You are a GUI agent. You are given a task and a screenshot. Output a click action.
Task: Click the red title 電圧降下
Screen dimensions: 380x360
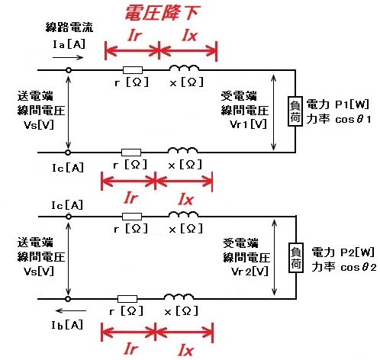pyautogui.click(x=162, y=13)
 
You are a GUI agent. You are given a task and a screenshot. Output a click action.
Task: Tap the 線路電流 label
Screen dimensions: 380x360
pyautogui.click(x=69, y=27)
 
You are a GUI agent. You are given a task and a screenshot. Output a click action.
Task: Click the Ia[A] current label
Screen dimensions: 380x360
pyautogui.click(x=69, y=44)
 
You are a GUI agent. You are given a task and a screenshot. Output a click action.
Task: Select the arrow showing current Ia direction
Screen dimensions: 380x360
pyautogui.click(x=68, y=57)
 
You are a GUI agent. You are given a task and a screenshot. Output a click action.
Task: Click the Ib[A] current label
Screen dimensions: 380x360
pyautogui.click(x=67, y=325)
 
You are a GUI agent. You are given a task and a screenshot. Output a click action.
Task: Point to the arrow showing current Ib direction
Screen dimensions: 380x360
pyautogui.click(x=71, y=310)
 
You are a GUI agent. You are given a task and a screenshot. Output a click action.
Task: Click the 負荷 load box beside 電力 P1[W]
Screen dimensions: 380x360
pyautogui.click(x=295, y=111)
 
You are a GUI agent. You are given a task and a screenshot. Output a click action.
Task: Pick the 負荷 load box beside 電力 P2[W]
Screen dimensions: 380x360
pyautogui.click(x=296, y=258)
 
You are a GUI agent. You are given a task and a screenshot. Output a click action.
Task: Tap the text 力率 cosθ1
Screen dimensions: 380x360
pyautogui.click(x=339, y=119)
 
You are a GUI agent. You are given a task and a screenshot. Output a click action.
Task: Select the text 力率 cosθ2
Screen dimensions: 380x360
pyautogui.click(x=344, y=267)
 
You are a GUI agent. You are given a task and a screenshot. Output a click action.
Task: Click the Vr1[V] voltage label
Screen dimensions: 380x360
pyautogui.click(x=248, y=124)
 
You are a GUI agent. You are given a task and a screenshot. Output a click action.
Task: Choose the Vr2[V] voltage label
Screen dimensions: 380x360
pyautogui.click(x=250, y=272)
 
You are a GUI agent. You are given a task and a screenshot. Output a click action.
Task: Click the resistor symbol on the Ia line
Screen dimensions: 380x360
pyautogui.click(x=133, y=70)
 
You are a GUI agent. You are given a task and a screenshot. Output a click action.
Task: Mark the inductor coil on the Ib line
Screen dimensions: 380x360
pyautogui.click(x=179, y=297)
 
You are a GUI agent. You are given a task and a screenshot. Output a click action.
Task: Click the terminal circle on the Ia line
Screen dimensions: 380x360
pyautogui.click(x=68, y=70)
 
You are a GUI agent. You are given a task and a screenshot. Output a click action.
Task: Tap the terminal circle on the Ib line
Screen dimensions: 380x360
pyautogui.click(x=68, y=299)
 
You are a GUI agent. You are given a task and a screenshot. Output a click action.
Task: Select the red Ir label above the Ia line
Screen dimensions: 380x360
pyautogui.click(x=134, y=35)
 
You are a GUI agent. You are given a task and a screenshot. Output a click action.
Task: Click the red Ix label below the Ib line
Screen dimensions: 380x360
pyautogui.click(x=186, y=350)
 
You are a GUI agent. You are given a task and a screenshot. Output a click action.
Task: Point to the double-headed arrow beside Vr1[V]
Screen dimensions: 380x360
pyautogui.click(x=273, y=112)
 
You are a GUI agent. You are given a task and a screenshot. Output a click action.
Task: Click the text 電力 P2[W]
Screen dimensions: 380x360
pyautogui.click(x=343, y=252)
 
